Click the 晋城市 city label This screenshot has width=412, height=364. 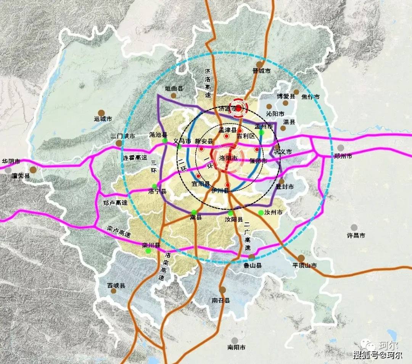262,71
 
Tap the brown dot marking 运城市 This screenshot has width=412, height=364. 101,113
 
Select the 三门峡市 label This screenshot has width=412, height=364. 123,136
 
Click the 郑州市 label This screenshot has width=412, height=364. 343,156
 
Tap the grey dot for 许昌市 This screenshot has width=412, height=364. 354,227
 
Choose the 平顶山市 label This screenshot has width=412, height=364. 304,265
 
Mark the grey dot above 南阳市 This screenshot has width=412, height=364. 235,340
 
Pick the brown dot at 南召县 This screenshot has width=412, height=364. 222,290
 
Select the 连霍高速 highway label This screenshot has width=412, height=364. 135,157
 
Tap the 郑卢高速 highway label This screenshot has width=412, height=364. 116,203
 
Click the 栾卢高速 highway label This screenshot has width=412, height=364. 119,232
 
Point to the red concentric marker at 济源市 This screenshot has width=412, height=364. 238,108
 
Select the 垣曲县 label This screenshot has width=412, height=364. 174,89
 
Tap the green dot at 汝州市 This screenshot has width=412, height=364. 261,213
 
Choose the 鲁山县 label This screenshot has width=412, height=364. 253,265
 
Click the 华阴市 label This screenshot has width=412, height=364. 11,161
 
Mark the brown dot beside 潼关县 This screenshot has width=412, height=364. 33,170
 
